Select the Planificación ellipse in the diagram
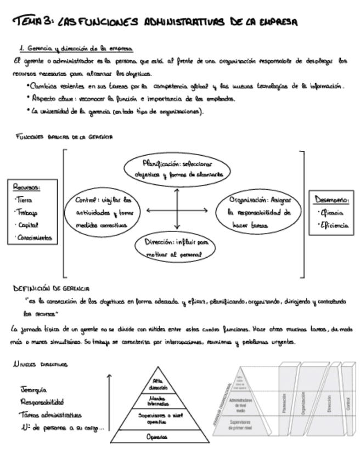tap(176, 169)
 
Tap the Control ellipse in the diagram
tap(104, 212)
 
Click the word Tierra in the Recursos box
tap(24, 200)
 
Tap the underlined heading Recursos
tap(27, 188)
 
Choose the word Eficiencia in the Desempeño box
tap(333, 225)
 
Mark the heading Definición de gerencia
tap(52, 288)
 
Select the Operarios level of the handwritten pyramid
tap(157, 437)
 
